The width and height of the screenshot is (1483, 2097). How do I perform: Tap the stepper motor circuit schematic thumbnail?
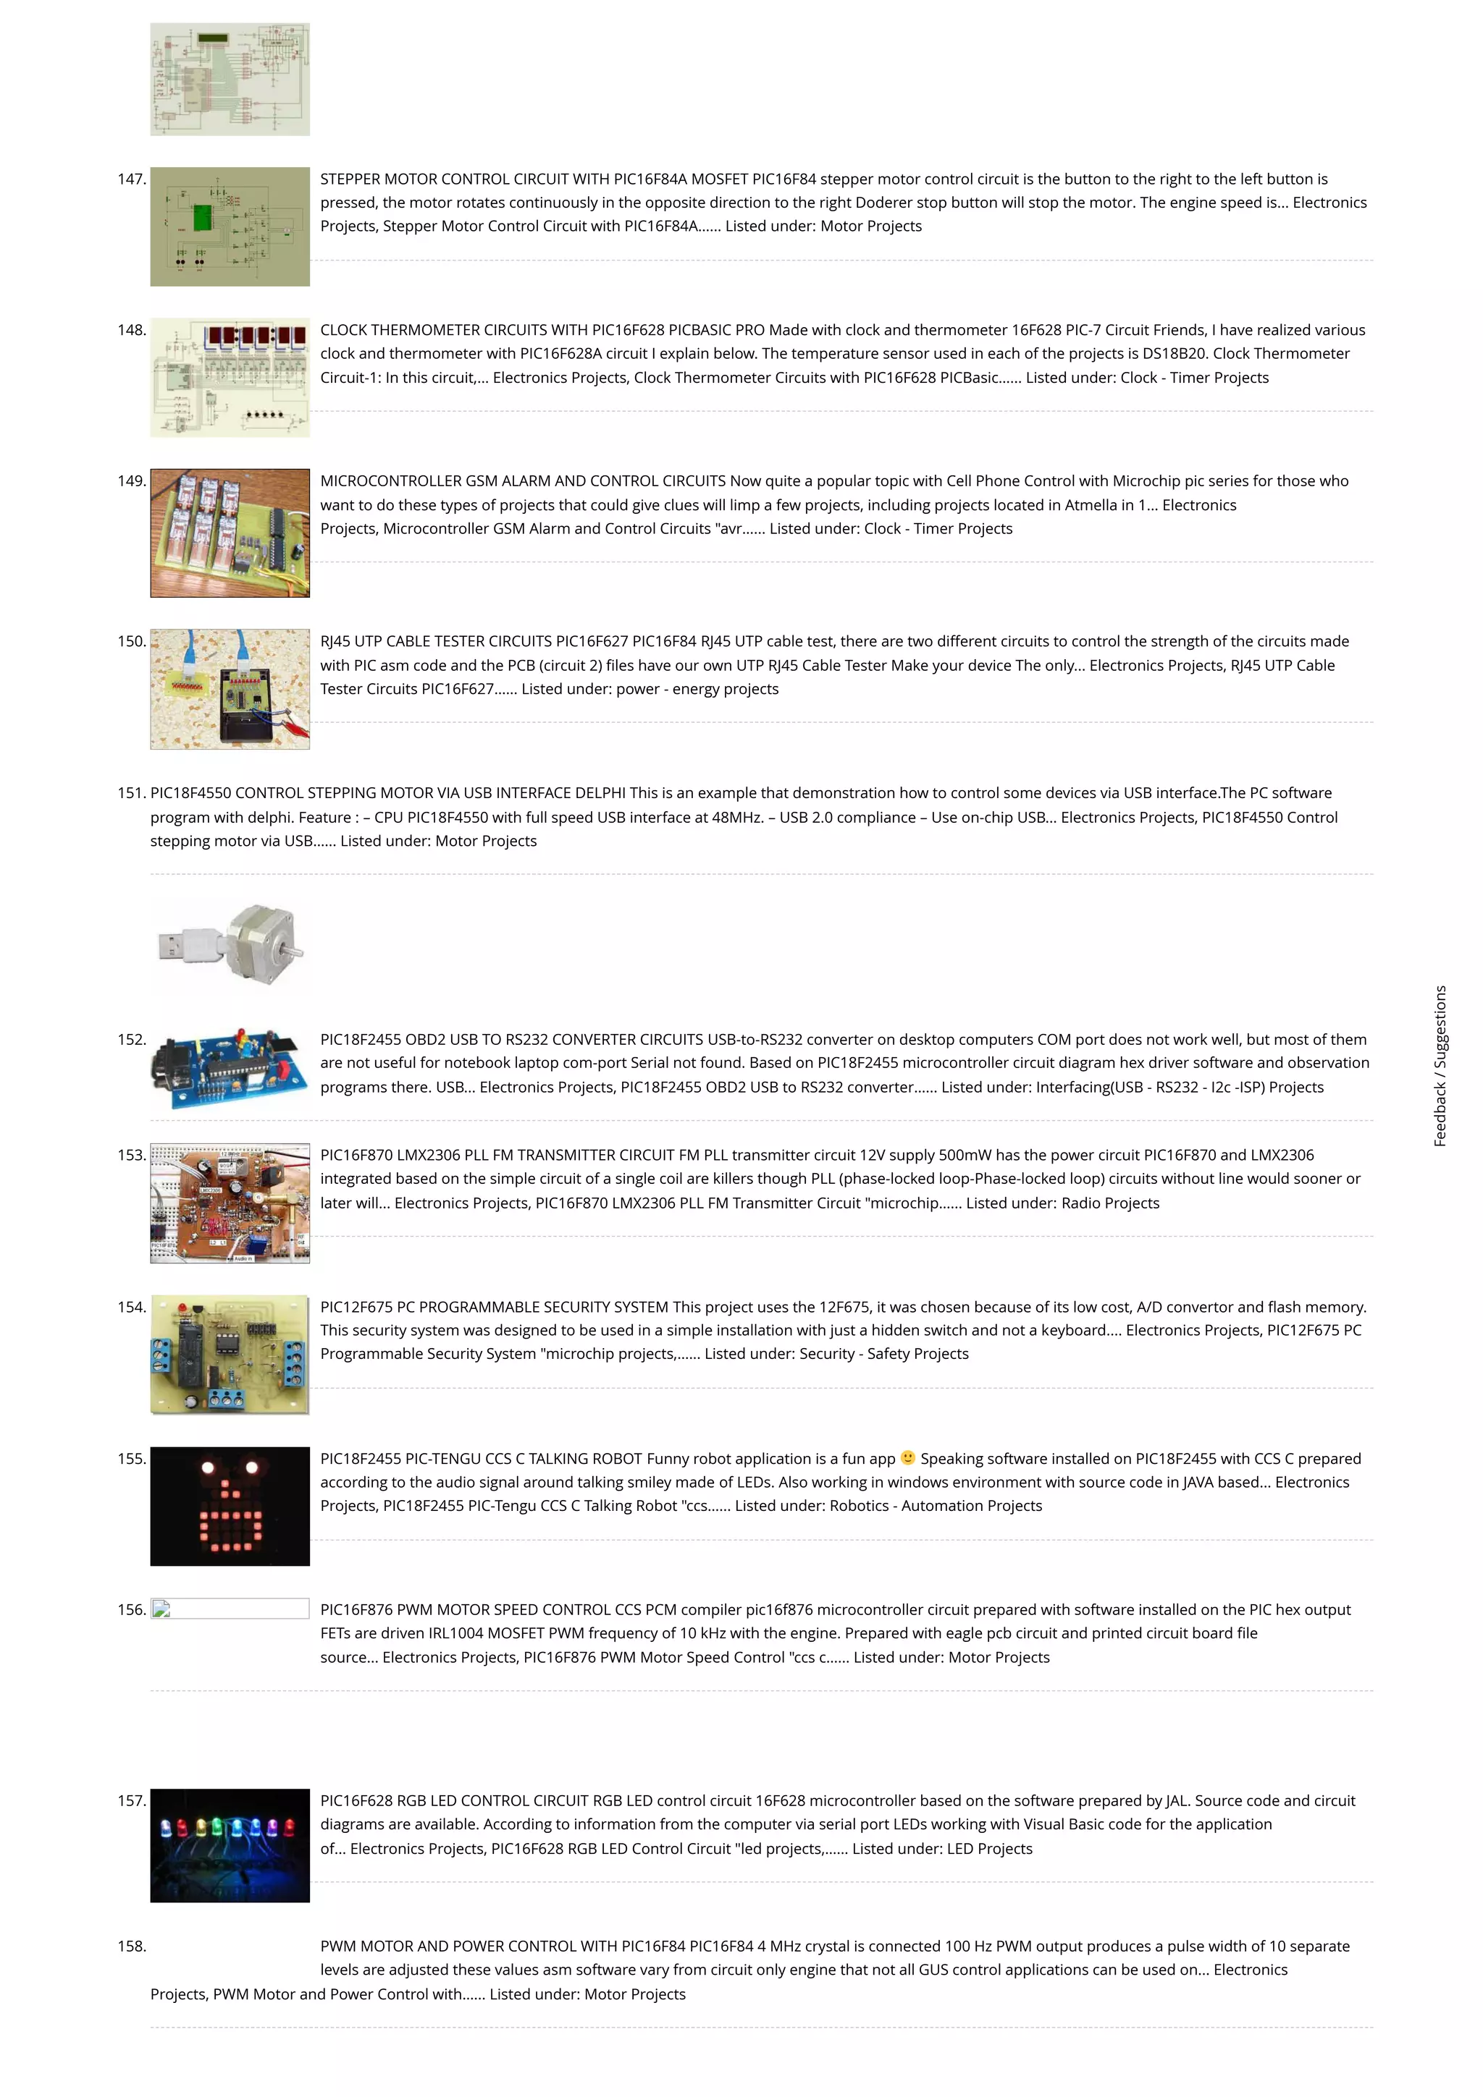click(x=230, y=226)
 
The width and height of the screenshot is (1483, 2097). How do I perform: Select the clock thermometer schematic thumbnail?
click(x=230, y=377)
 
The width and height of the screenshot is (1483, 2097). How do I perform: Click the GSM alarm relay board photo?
click(x=230, y=533)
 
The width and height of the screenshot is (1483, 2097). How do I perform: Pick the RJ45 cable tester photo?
click(x=230, y=689)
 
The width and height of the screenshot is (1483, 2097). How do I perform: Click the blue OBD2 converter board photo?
click(x=230, y=1067)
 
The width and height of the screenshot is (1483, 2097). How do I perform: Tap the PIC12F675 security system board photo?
click(x=230, y=1354)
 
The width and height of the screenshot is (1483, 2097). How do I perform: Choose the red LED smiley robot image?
click(x=230, y=1506)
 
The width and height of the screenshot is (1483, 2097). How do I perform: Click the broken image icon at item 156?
click(x=161, y=1609)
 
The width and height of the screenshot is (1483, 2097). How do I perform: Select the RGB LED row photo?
click(x=230, y=1845)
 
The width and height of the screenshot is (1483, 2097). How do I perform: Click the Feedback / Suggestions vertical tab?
click(x=1440, y=1065)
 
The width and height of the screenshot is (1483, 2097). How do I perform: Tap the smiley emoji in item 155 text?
click(x=907, y=1457)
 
